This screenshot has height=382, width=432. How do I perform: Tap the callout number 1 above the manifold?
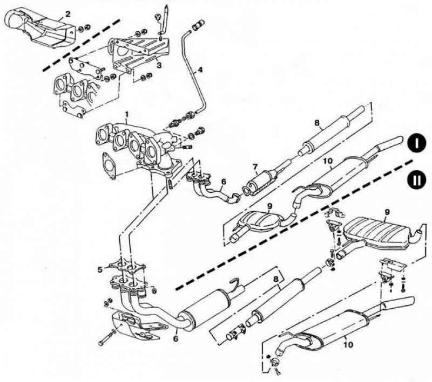tap(126, 115)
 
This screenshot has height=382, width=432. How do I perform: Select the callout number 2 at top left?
tap(67, 14)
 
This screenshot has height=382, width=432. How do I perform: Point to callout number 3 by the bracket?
tap(158, 65)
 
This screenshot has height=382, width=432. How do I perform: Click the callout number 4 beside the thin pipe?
tap(200, 70)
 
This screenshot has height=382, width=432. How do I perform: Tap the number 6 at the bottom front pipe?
tap(175, 338)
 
